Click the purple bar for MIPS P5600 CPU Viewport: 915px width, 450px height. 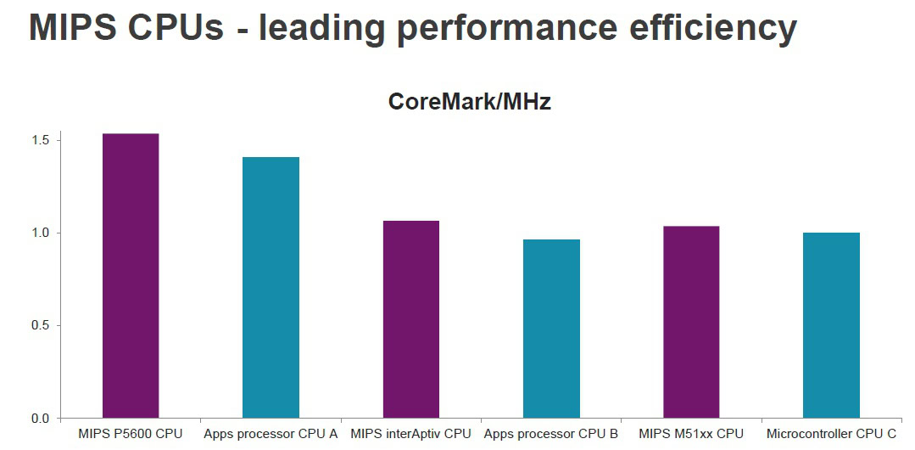[131, 276]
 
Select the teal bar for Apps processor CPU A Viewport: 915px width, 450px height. [271, 288]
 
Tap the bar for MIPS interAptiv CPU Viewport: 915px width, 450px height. [410, 319]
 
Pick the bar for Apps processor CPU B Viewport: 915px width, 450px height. [551, 329]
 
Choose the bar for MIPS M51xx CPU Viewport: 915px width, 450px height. [691, 322]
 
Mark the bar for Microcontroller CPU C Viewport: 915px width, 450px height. [831, 325]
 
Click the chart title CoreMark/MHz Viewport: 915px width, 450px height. [469, 102]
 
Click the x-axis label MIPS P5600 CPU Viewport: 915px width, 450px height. [130, 434]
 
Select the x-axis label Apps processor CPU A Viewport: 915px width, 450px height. [271, 434]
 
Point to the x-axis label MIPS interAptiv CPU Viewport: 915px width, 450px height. [410, 434]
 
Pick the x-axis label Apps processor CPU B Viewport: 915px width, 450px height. [551, 434]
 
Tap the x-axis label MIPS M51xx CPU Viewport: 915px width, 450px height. [691, 434]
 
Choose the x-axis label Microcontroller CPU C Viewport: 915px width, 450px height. [831, 434]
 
